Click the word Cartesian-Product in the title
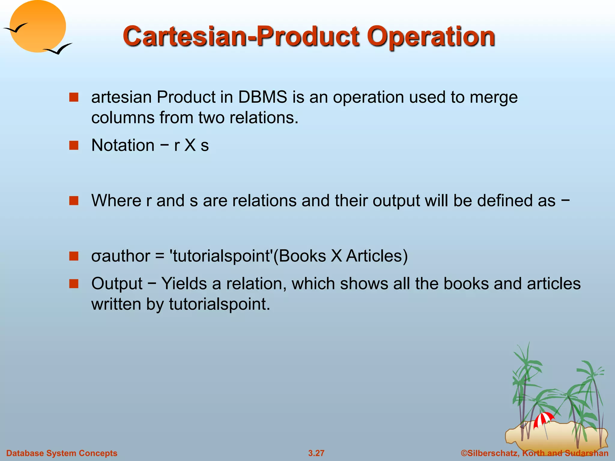[x=240, y=37]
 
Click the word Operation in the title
[x=431, y=37]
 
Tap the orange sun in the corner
[x=38, y=26]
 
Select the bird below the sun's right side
[x=59, y=49]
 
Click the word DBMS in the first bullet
[x=263, y=97]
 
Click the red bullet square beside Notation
[x=74, y=146]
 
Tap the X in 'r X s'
[x=190, y=146]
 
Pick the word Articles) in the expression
[x=377, y=256]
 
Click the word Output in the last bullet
[x=117, y=284]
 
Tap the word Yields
[x=184, y=283]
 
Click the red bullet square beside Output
[x=74, y=284]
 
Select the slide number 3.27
[x=316, y=453]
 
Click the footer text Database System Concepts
[x=62, y=453]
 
